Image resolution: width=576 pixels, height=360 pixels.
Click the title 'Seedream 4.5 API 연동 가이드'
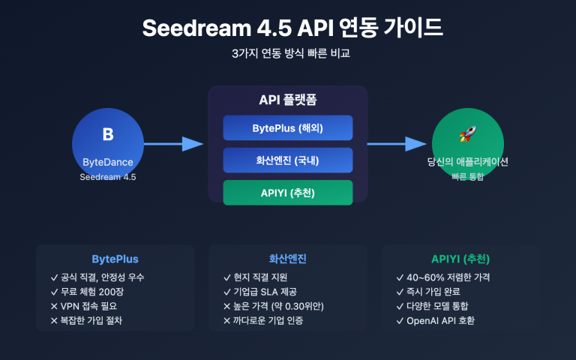(287, 28)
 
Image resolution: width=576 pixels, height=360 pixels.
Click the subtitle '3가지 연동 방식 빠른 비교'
(287, 54)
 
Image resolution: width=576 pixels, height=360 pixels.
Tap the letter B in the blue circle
(107, 134)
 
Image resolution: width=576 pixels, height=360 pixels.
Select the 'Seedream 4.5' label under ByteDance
(107, 177)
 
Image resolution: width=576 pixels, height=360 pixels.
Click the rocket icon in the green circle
(468, 134)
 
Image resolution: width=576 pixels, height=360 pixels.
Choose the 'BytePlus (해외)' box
(287, 127)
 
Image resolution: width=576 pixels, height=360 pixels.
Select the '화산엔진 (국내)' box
(287, 160)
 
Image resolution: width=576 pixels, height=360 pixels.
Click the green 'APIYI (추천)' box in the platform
(287, 193)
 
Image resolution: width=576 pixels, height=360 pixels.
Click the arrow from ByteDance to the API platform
(173, 144)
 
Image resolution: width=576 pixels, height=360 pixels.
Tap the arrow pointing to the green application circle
(396, 144)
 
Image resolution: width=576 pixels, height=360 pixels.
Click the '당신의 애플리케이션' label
(468, 162)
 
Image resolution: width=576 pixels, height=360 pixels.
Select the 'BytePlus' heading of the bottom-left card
(115, 259)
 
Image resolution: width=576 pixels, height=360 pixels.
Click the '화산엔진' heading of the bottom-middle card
(287, 259)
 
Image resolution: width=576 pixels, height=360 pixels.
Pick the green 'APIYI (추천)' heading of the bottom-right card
(460, 259)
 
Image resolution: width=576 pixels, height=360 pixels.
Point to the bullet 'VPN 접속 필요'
(88, 306)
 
